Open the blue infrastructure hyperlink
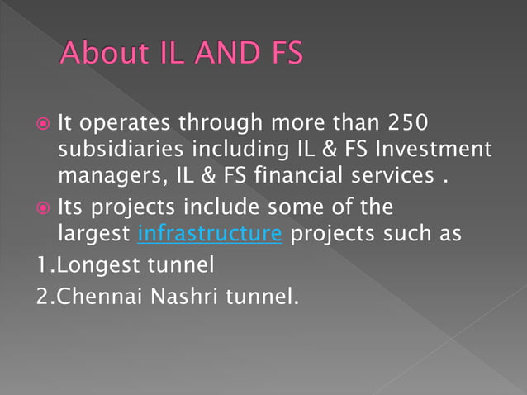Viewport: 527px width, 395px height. pyautogui.click(x=210, y=234)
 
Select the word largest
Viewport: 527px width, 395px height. pyautogui.click(x=95, y=234)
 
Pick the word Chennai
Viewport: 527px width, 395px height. pyautogui.click(x=87, y=295)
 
